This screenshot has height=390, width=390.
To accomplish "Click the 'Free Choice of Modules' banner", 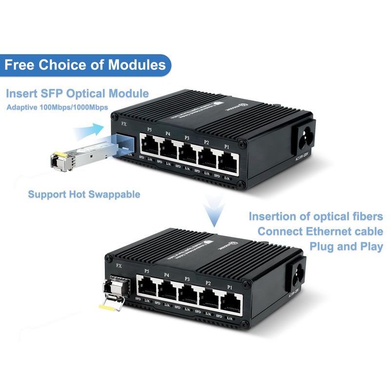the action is click(x=85, y=64).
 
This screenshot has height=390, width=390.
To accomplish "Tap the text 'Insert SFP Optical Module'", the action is click(x=78, y=93).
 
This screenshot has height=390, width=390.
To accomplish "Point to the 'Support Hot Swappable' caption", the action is click(x=84, y=194).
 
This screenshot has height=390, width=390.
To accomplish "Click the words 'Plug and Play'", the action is click(x=346, y=246).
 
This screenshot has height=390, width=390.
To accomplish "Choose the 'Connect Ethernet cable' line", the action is click(x=320, y=231).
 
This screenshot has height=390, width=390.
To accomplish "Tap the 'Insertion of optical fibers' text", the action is click(x=316, y=216).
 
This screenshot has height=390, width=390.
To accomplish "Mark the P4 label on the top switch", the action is click(x=168, y=133).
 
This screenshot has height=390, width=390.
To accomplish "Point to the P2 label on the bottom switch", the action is click(x=208, y=283).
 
